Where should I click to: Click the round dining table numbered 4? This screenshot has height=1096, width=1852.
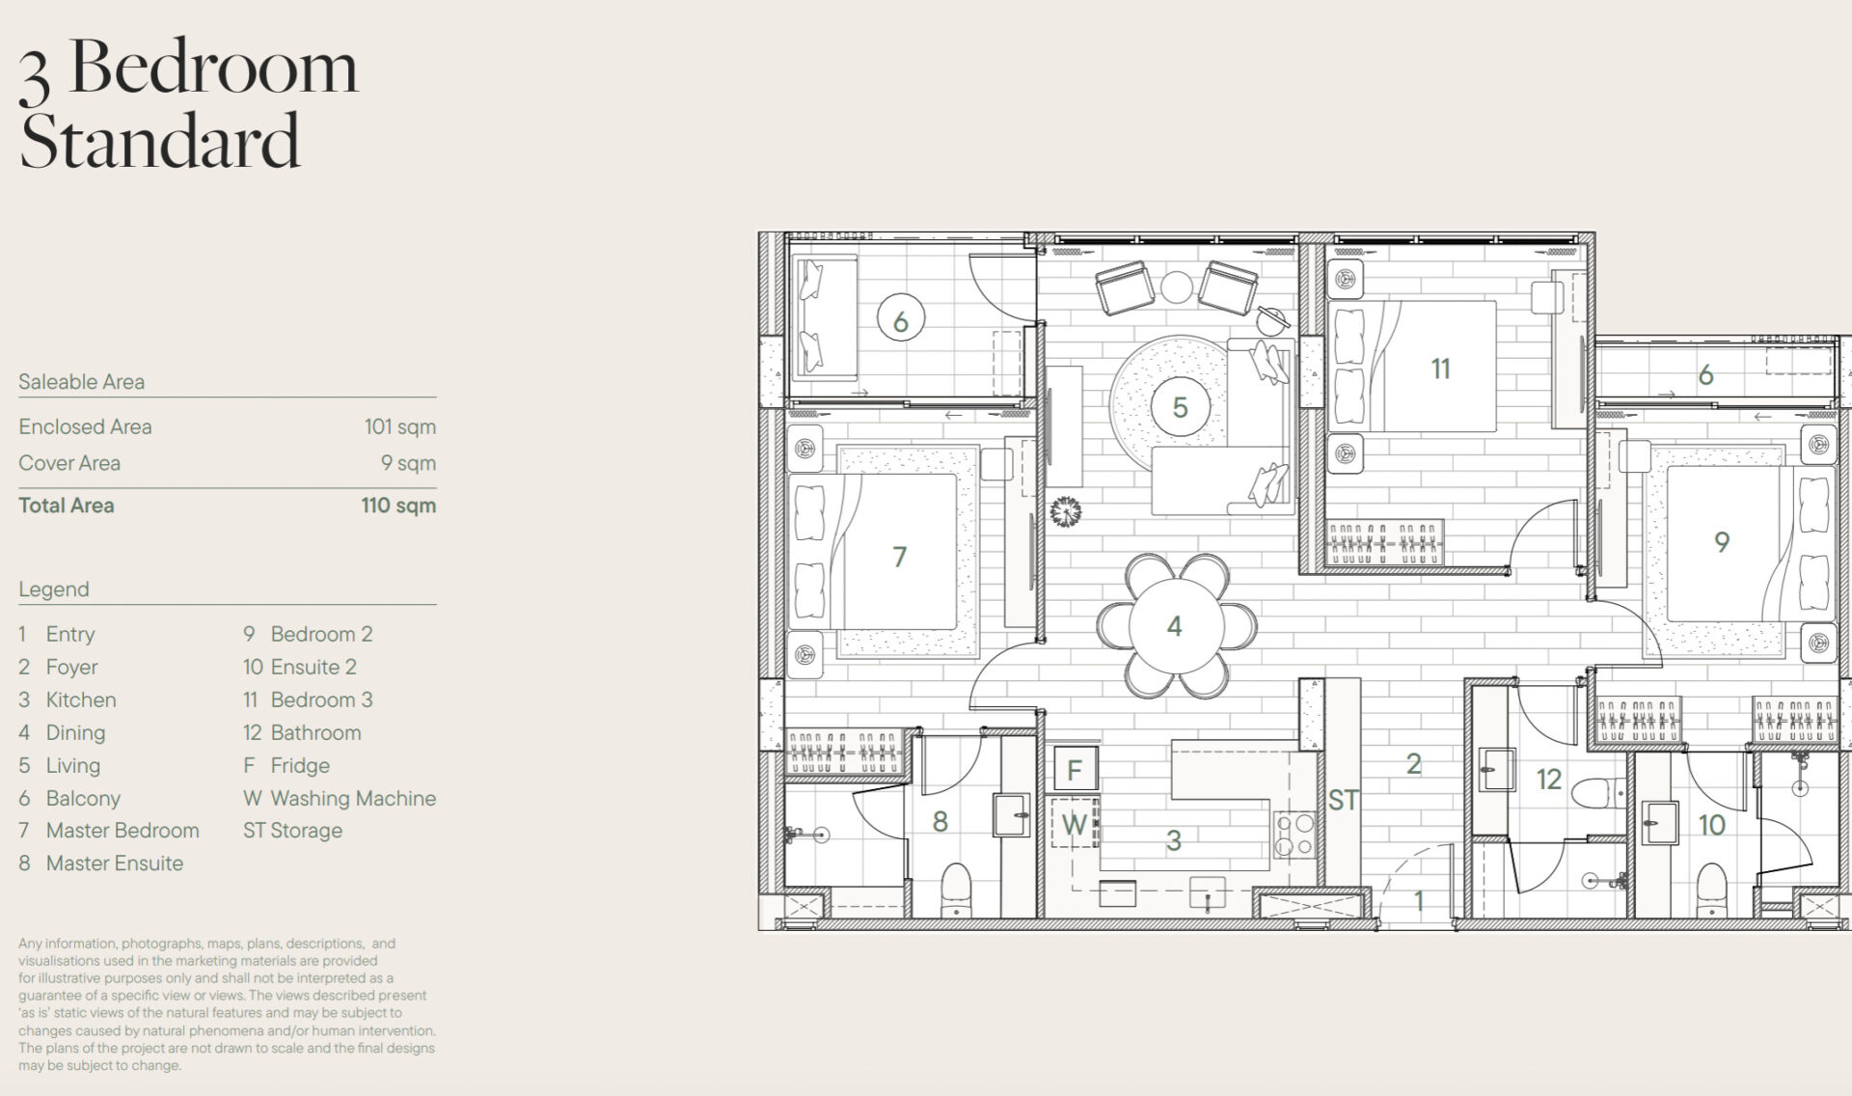pos(1175,626)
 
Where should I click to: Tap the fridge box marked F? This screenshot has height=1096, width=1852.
pos(1075,770)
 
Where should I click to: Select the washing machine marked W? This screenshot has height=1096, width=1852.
pos(1075,823)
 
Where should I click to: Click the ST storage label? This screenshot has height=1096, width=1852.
pos(1343,800)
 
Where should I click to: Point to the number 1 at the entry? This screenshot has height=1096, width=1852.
pos(1419,901)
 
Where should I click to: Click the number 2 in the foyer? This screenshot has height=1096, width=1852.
pos(1414,764)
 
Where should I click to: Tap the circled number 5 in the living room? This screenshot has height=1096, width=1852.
pos(1180,407)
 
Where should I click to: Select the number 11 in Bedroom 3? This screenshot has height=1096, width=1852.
pos(1440,369)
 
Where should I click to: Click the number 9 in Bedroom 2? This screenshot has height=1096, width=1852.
pos(1722,542)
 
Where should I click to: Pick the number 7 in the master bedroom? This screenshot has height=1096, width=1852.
pos(899,557)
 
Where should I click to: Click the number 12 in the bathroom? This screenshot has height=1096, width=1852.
pos(1549,779)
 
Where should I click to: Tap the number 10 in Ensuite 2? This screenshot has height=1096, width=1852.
pos(1712,825)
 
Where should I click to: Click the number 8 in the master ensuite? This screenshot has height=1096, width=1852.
pos(940,821)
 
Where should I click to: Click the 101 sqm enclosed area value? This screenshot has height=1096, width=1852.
pos(400,426)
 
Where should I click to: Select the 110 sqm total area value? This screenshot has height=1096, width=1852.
pos(398,505)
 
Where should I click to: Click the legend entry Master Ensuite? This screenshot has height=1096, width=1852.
pos(115,863)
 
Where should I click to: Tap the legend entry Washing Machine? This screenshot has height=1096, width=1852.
pos(353,798)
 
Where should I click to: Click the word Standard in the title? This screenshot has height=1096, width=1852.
pos(160,141)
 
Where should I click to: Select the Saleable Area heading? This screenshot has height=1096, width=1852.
pos(82,381)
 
